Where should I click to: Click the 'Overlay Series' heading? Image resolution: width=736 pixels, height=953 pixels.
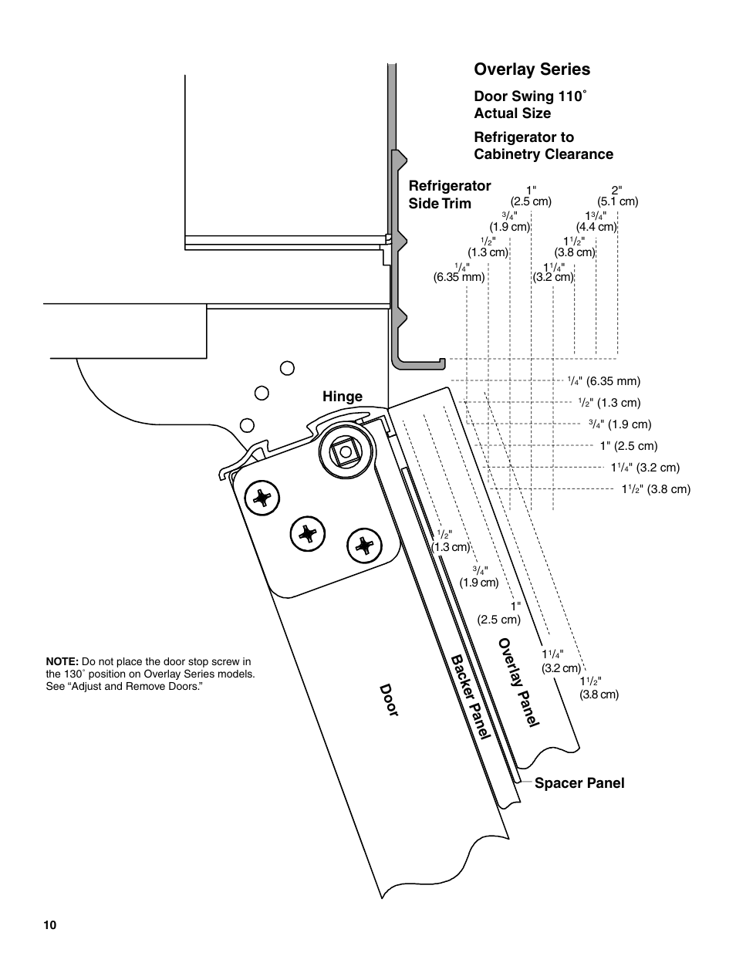click(532, 69)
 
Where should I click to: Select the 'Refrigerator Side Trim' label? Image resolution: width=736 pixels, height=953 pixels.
click(449, 194)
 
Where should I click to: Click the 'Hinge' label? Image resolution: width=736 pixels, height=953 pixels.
click(343, 397)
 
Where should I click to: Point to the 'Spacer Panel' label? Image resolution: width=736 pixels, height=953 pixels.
click(579, 783)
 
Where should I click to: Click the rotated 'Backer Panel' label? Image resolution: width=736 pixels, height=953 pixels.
click(471, 696)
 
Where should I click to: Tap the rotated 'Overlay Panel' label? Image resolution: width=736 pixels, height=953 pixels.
click(518, 681)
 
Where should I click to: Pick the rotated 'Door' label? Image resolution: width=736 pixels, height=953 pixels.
click(388, 700)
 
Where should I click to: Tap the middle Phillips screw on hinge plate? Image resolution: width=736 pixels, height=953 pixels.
click(308, 532)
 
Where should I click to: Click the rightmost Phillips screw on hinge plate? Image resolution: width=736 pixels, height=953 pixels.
click(363, 546)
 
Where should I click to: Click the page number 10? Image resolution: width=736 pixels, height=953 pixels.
click(50, 925)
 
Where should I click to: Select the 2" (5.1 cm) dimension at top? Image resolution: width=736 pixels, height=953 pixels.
click(617, 196)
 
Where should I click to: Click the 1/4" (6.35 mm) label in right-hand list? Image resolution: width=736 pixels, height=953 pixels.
click(604, 381)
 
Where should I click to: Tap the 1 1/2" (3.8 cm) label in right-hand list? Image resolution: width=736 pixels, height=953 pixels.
click(657, 489)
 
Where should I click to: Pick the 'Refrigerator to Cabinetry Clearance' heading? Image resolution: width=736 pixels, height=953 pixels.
click(543, 146)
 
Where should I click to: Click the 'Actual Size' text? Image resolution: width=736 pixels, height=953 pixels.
click(512, 113)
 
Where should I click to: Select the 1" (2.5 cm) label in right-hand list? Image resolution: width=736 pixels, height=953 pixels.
click(629, 446)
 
